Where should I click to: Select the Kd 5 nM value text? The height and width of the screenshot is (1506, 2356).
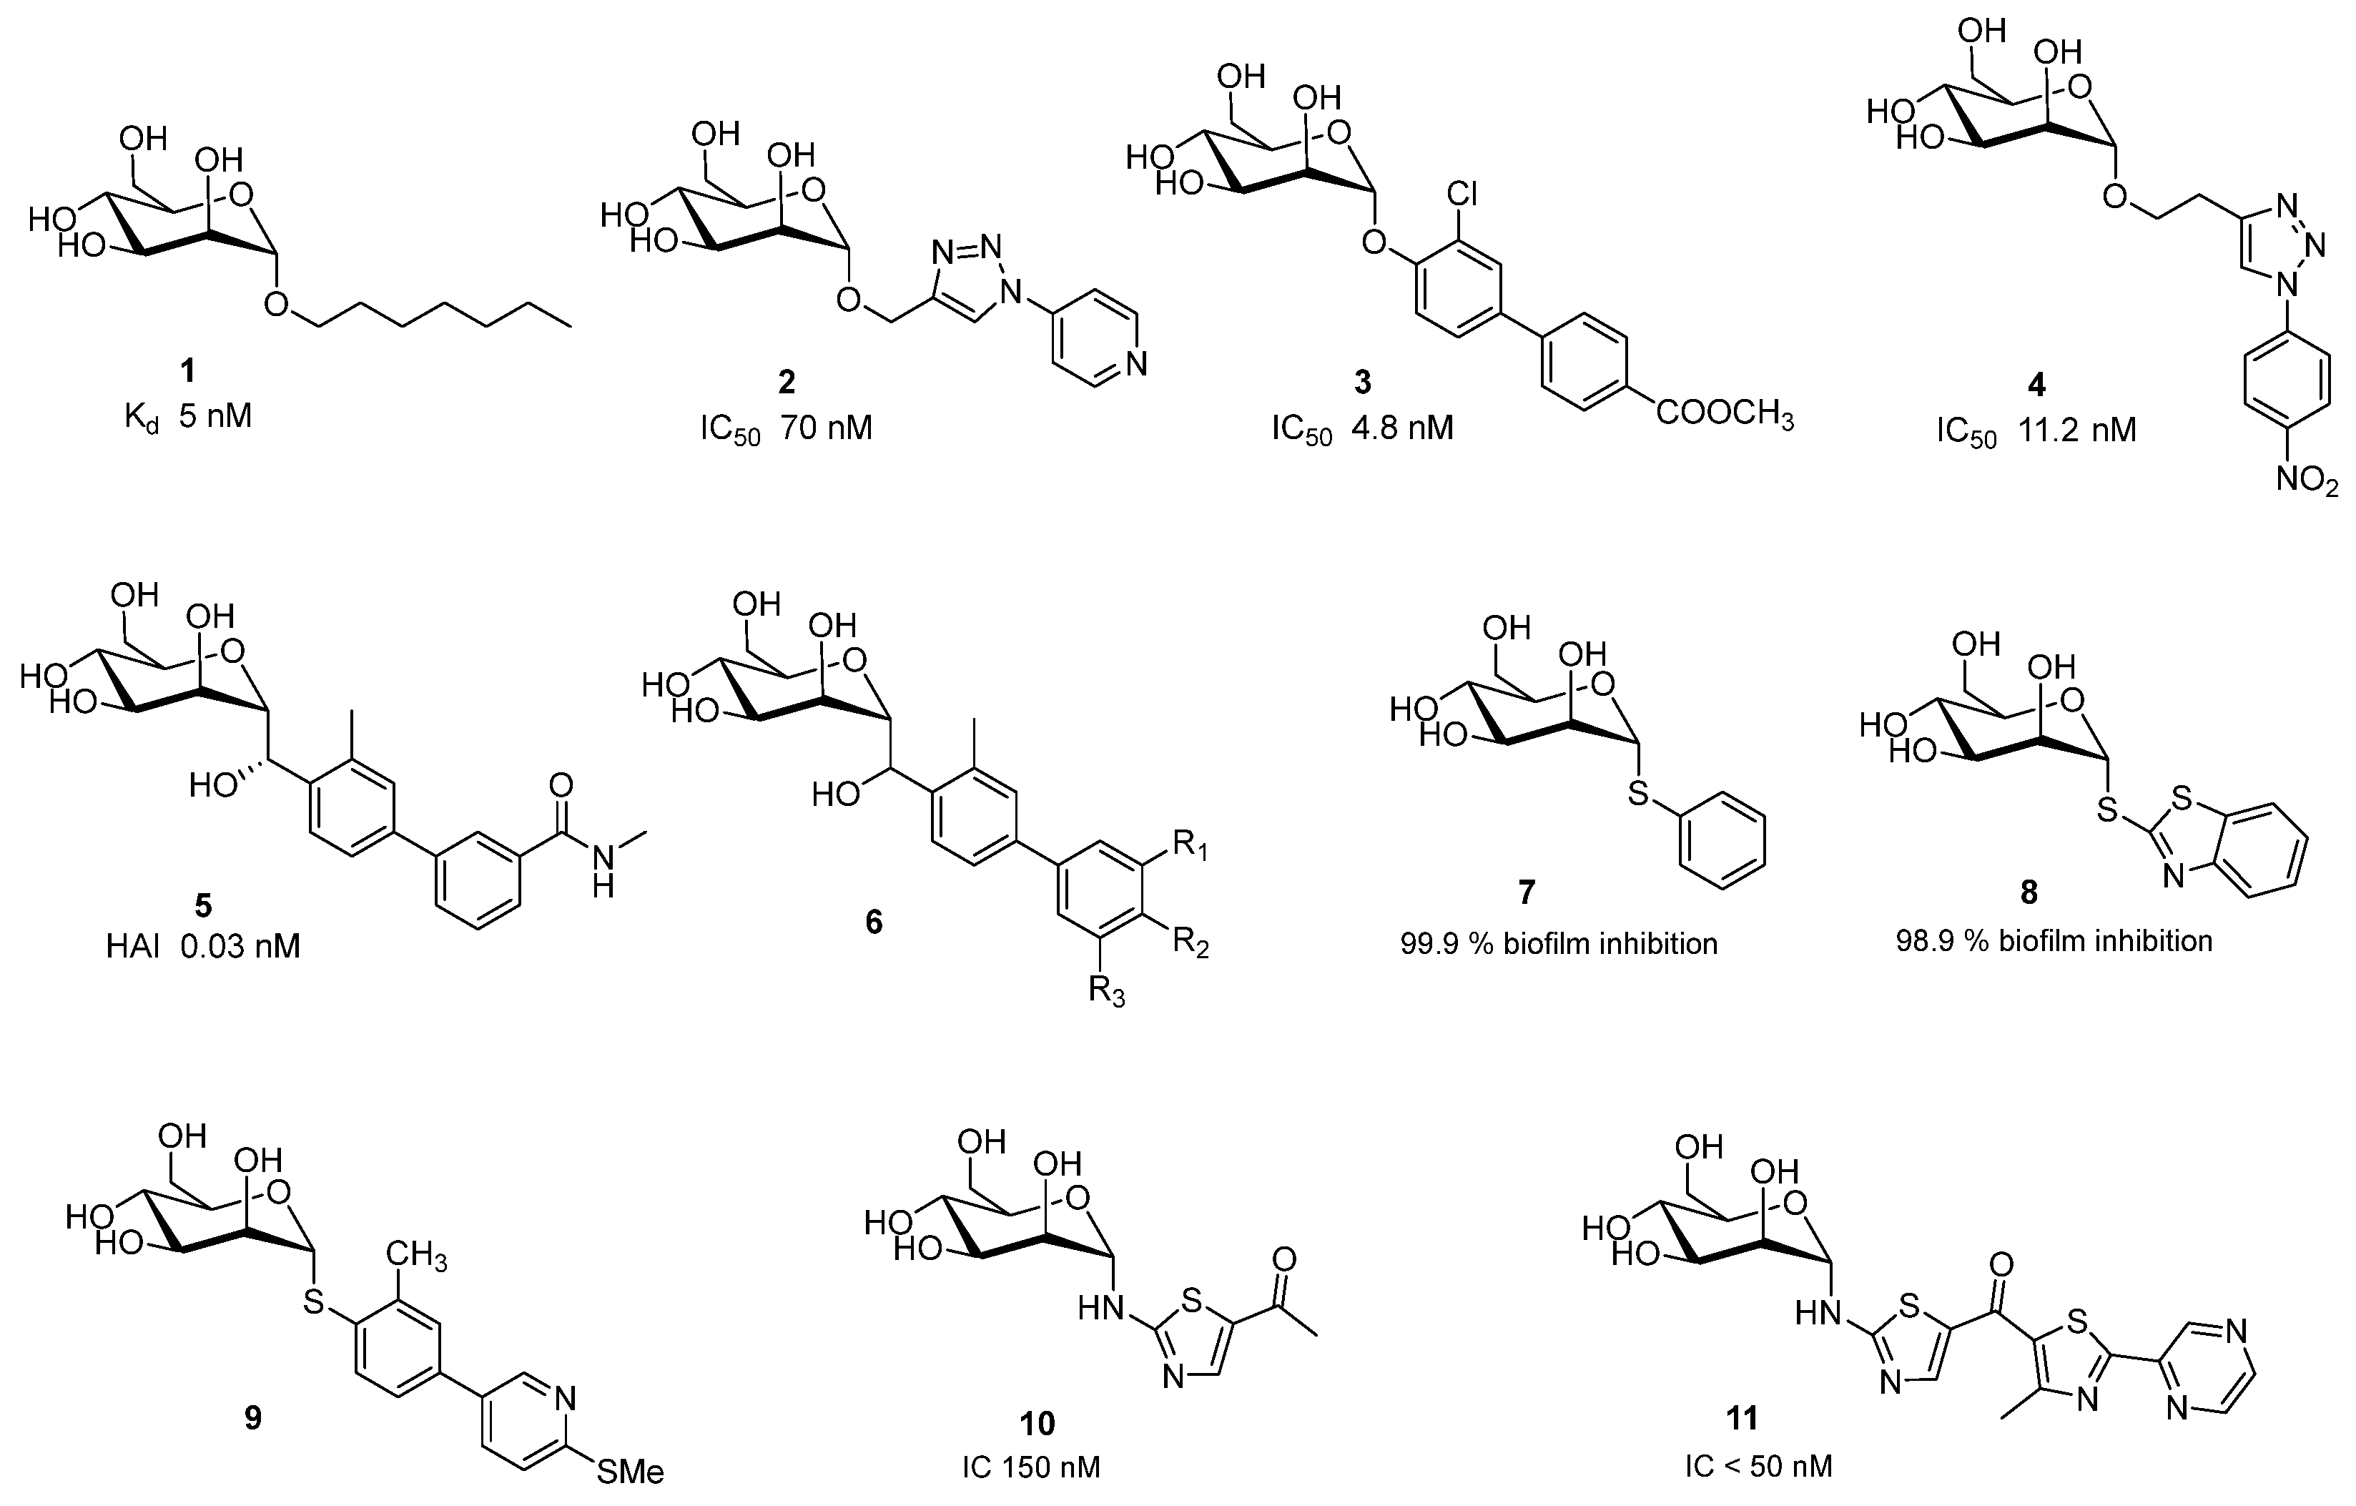tap(188, 418)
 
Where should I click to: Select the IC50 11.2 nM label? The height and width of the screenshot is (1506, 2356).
tap(2036, 431)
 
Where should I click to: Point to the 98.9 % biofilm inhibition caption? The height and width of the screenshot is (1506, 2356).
tap(2054, 941)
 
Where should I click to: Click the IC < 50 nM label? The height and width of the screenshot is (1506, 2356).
tap(1758, 1467)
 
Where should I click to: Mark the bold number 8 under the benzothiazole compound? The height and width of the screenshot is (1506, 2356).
tap(2029, 892)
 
